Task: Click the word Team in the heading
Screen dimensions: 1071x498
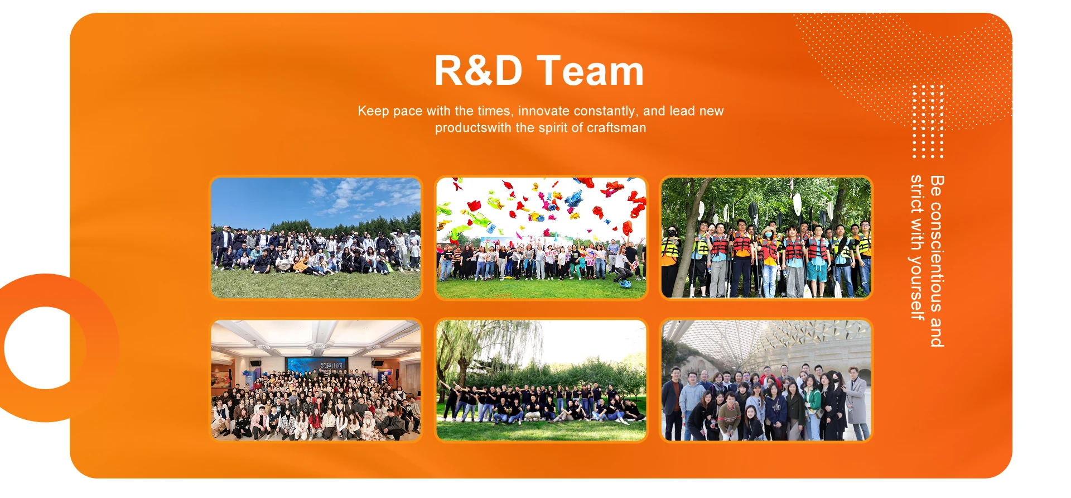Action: click(590, 71)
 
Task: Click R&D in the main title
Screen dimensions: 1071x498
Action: click(478, 71)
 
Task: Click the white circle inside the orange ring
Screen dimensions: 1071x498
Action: click(45, 347)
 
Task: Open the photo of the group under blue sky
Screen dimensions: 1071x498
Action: click(316, 238)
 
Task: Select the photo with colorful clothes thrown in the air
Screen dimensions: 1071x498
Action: click(541, 238)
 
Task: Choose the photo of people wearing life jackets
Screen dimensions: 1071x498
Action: click(766, 238)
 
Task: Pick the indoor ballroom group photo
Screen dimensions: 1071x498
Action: click(316, 380)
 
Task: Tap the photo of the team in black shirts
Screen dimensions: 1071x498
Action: click(541, 380)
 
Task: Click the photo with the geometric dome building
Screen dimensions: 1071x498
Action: click(766, 380)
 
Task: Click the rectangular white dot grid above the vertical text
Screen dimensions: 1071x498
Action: click(928, 121)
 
